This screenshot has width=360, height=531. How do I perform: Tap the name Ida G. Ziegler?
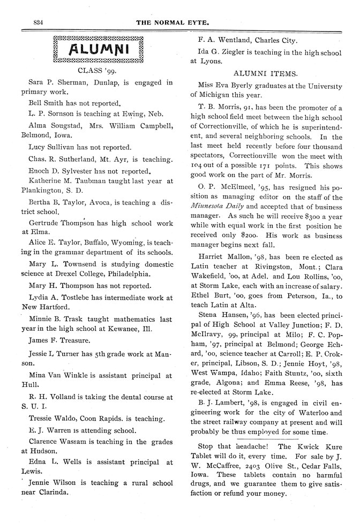point(222,52)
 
